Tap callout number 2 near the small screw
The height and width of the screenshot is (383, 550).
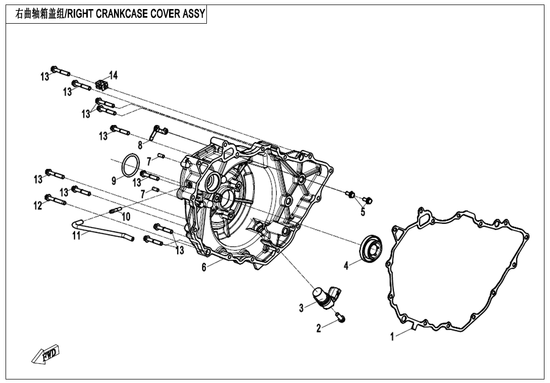[318, 329]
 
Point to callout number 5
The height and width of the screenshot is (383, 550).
[363, 212]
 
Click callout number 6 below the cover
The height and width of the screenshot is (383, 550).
[204, 267]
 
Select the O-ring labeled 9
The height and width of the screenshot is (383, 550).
[131, 164]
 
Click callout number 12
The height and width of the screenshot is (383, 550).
[38, 206]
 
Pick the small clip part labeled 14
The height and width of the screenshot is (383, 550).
[102, 84]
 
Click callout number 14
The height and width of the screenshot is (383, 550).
[114, 76]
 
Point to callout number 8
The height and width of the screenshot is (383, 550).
[140, 144]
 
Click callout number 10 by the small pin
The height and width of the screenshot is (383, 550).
[126, 217]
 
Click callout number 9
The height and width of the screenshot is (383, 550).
[115, 180]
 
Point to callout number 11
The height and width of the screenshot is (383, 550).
[76, 235]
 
